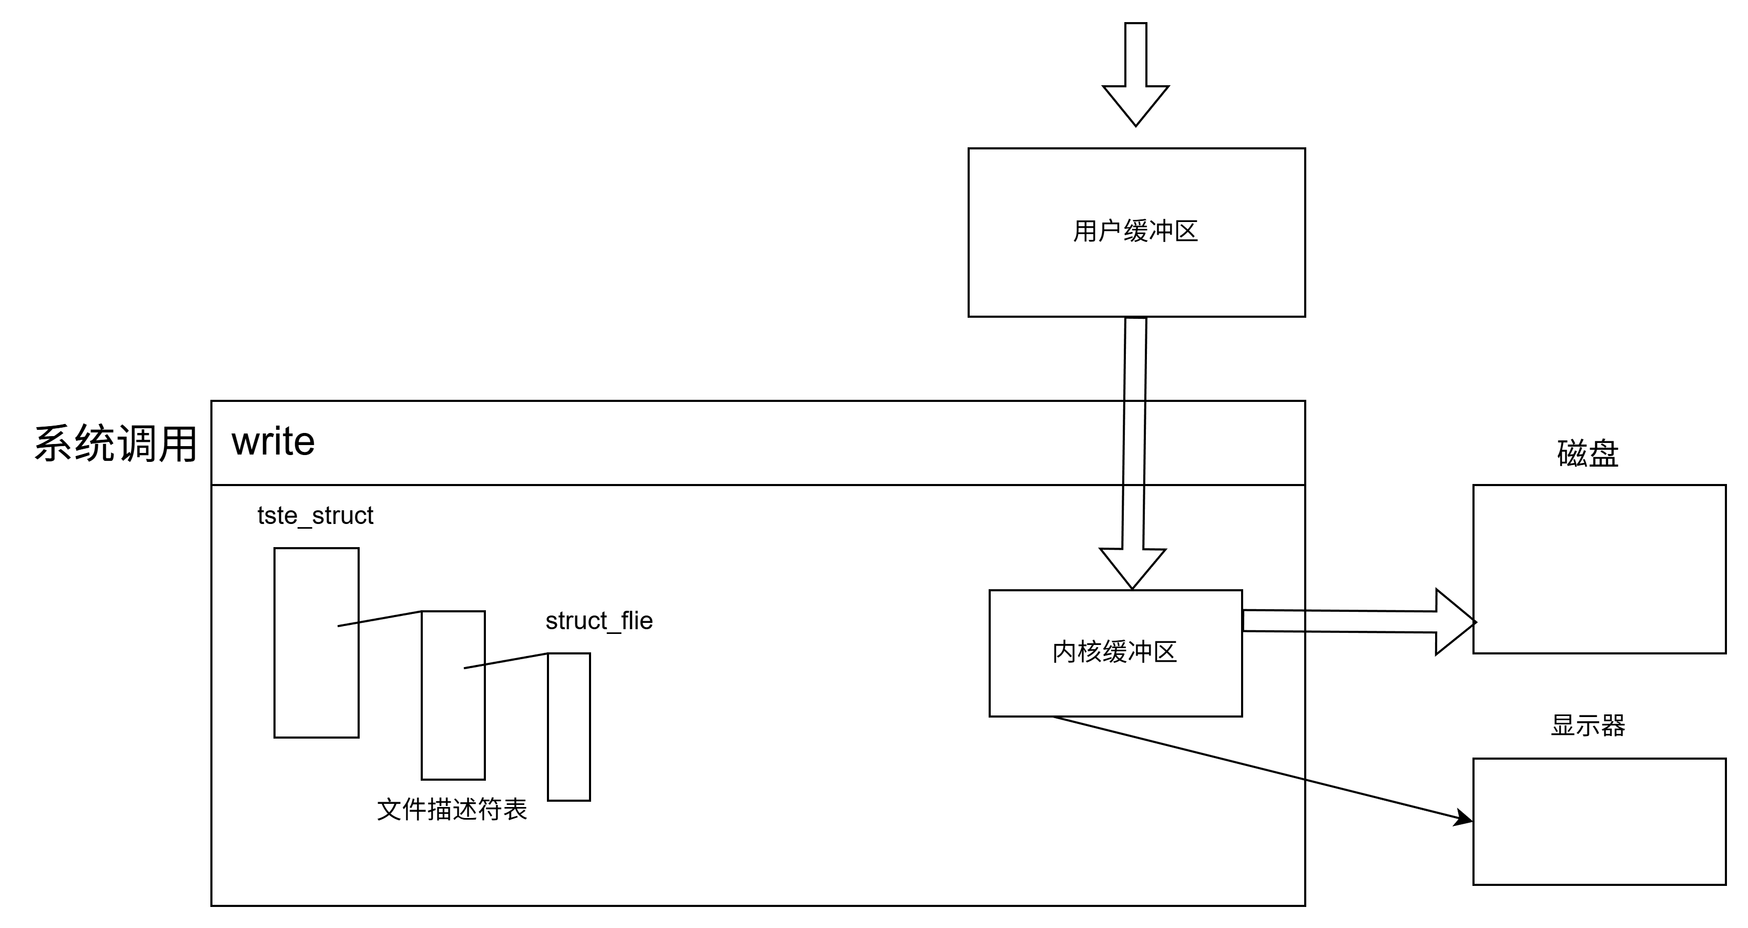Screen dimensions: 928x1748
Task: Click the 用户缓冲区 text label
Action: [x=1135, y=231]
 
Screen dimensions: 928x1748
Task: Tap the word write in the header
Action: [x=273, y=442]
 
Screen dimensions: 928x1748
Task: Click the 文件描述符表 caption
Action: [x=452, y=810]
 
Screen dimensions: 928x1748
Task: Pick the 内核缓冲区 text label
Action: [x=1114, y=652]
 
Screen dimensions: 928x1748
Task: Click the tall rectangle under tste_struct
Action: [x=316, y=679]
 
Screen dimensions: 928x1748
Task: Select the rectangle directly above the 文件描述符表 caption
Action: [x=453, y=720]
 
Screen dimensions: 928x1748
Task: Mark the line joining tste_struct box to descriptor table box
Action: [x=380, y=619]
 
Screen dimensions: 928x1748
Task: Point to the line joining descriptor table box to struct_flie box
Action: [x=505, y=661]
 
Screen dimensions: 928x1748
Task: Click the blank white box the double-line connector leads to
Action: [x=1599, y=569]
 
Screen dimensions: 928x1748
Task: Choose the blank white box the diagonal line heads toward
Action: [x=1599, y=821]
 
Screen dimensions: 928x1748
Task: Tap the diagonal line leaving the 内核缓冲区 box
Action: [x=1181, y=748]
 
